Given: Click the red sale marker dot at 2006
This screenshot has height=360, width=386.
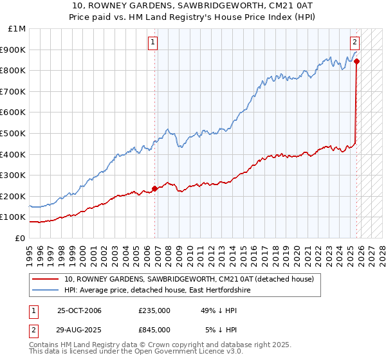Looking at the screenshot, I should (x=154, y=188).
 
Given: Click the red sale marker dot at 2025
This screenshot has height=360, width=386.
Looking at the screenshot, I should (x=357, y=62).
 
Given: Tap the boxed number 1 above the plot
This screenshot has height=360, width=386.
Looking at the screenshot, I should (x=153, y=42).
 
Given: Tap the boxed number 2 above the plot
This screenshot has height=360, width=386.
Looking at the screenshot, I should (x=355, y=42).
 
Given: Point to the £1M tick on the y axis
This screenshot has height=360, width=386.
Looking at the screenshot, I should (x=17, y=29).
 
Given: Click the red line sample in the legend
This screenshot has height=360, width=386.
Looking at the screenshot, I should (x=45, y=279).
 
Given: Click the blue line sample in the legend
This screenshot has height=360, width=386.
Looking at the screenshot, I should (x=45, y=291).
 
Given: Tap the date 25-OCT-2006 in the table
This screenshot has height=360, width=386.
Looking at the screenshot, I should (x=79, y=310).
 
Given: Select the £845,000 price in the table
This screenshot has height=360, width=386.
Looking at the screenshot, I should (x=154, y=329).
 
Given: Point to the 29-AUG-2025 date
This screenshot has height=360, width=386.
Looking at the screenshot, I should (x=79, y=329).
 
